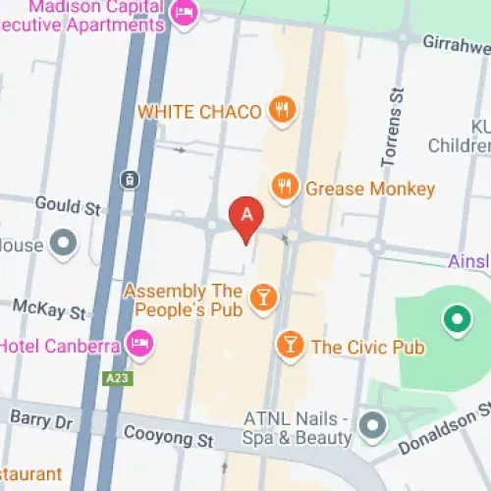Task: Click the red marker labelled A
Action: point(245,215)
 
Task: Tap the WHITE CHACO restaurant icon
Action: point(282,110)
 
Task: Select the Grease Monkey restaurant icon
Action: point(285,187)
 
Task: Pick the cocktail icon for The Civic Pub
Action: point(290,345)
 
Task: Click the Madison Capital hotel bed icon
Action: point(184,14)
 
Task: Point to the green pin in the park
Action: point(454,317)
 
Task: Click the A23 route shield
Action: point(117,377)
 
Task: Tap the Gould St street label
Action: point(68,208)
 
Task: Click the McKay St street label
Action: point(50,311)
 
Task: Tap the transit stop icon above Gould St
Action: point(128,179)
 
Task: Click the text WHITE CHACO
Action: point(199,111)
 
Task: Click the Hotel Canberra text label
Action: point(59,346)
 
